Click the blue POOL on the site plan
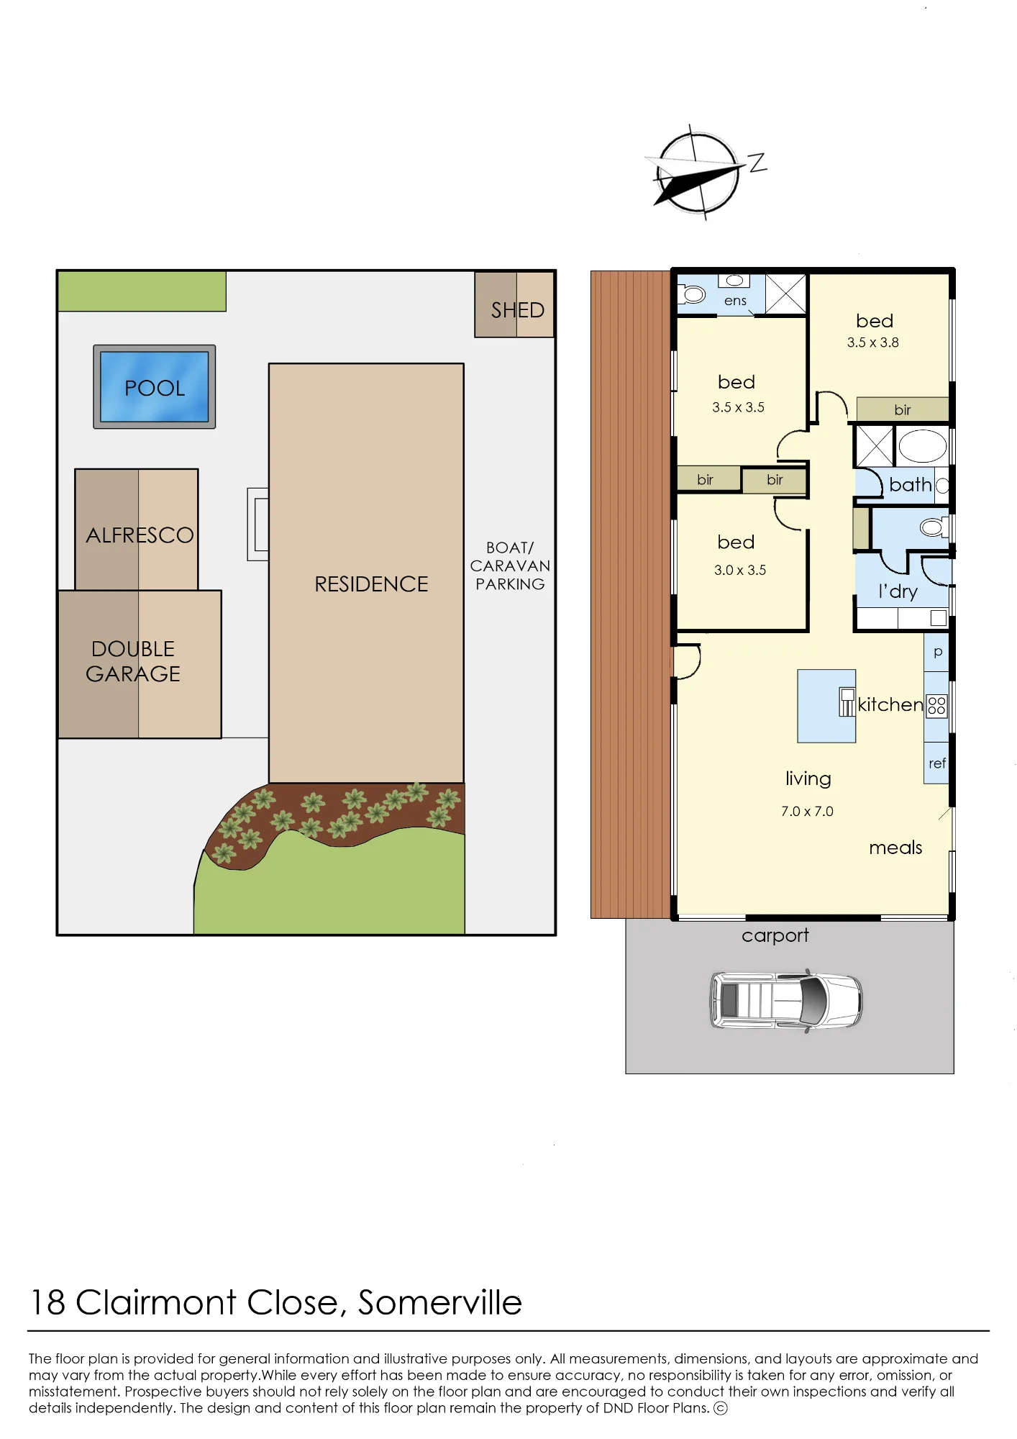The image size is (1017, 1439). click(155, 386)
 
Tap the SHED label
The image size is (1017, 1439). click(518, 310)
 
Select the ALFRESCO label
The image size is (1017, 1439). click(140, 535)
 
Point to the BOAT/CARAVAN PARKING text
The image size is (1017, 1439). click(510, 566)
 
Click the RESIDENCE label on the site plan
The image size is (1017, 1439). click(371, 584)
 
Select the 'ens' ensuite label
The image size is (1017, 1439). click(735, 301)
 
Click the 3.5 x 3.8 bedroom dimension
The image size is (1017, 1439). click(873, 342)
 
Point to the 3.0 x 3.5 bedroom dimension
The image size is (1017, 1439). click(740, 570)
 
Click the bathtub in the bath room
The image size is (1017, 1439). click(923, 446)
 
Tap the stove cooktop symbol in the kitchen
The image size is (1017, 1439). click(936, 705)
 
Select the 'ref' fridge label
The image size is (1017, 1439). click(937, 763)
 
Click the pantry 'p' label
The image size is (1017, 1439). click(938, 653)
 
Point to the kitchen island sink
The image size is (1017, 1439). click(847, 702)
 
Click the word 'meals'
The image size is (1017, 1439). click(895, 848)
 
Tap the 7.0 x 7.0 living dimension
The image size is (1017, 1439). click(807, 812)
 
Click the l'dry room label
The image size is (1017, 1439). click(898, 591)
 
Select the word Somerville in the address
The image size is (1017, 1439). click(440, 1302)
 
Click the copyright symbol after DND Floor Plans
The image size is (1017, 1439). click(721, 1408)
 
